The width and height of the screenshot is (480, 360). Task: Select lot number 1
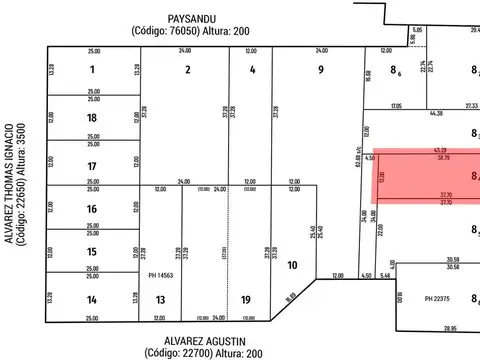(x=92, y=70)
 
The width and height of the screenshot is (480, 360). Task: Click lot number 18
(x=92, y=118)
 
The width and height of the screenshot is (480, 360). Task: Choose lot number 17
(x=92, y=165)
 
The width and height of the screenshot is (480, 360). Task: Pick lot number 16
(x=92, y=208)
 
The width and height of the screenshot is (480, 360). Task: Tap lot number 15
(x=92, y=252)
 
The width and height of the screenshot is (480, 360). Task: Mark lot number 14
(x=92, y=299)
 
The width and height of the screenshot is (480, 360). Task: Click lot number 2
(x=186, y=70)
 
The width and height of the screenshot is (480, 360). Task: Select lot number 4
(x=252, y=70)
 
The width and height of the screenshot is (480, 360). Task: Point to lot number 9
(x=320, y=70)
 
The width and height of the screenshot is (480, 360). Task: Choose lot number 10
(x=291, y=265)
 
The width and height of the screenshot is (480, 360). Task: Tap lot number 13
(x=160, y=299)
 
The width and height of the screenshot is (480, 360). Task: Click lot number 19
(x=245, y=299)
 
